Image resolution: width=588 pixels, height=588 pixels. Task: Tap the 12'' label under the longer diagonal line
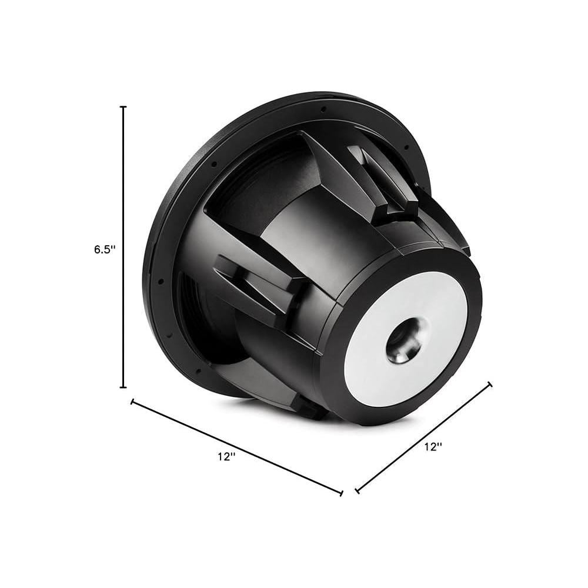tap(227, 457)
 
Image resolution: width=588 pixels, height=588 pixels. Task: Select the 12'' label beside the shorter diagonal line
tap(433, 447)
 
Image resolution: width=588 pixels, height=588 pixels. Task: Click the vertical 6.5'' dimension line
tap(123, 247)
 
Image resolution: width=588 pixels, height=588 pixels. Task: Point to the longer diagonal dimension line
tap(237, 447)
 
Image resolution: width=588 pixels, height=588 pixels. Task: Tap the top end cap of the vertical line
tap(123, 107)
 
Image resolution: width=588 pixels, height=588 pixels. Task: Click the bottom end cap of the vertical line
tap(123, 387)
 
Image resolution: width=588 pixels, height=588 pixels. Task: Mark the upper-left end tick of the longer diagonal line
tap(132, 402)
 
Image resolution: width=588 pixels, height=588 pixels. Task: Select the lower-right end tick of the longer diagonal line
tap(342, 493)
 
